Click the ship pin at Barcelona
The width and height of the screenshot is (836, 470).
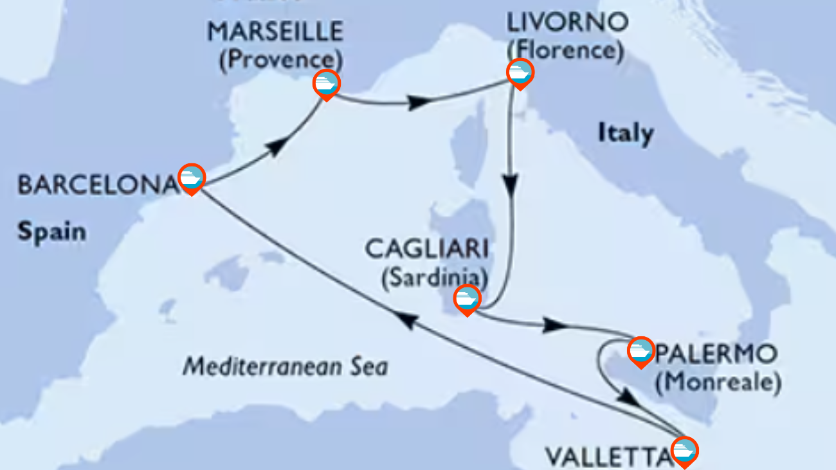pyautogui.click(x=191, y=177)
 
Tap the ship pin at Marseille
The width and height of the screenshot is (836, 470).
pyautogui.click(x=327, y=84)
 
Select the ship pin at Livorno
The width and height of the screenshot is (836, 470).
pyautogui.click(x=520, y=73)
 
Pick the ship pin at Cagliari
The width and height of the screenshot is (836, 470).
pyautogui.click(x=467, y=299)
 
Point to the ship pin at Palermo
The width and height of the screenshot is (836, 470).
pyautogui.click(x=641, y=351)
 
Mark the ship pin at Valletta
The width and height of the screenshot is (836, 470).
pyautogui.click(x=684, y=450)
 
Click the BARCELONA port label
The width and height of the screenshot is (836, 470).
pyautogui.click(x=96, y=185)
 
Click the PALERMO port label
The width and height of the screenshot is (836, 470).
pyautogui.click(x=714, y=354)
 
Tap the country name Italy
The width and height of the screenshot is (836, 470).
pyautogui.click(x=626, y=134)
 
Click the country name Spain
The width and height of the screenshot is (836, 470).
pyautogui.click(x=51, y=231)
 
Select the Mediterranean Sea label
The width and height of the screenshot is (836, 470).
pyautogui.click(x=286, y=367)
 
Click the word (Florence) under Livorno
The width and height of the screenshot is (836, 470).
pyautogui.click(x=565, y=51)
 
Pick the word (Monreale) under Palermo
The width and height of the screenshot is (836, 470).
pyautogui.click(x=718, y=383)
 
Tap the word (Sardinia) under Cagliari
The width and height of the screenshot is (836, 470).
pyautogui.click(x=433, y=278)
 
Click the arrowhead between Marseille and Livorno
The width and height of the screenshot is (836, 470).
pyautogui.click(x=419, y=102)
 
